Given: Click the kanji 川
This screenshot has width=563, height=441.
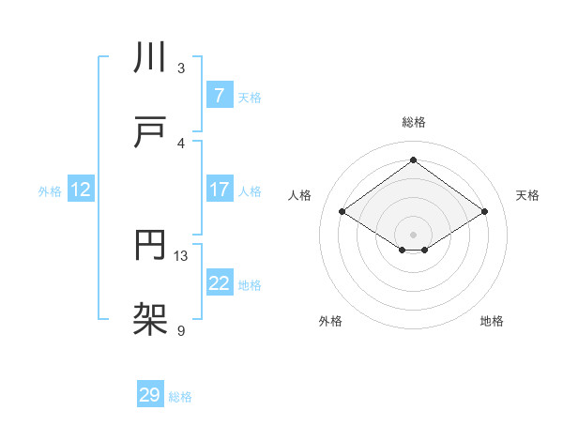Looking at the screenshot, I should click(x=150, y=59).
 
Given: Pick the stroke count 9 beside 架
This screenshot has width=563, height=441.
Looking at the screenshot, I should click(x=181, y=330).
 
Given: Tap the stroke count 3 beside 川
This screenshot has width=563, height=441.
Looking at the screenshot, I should click(x=181, y=68).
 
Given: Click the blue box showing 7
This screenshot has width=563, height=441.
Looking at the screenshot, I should click(x=219, y=95).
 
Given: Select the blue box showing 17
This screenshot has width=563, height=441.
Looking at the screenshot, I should click(x=219, y=190).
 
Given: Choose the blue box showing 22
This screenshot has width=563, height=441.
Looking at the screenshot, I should click(x=219, y=282).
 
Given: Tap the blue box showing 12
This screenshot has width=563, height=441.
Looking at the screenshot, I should click(x=81, y=190).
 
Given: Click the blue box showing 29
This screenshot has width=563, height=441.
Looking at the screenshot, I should click(x=150, y=395).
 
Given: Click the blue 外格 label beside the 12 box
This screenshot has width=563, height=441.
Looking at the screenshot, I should click(x=50, y=190).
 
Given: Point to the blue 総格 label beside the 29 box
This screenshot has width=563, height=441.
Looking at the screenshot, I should click(x=180, y=397).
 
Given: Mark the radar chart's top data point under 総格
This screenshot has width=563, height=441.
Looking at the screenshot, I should click(x=413, y=160).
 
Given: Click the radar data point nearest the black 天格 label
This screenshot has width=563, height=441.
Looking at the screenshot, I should click(x=484, y=212).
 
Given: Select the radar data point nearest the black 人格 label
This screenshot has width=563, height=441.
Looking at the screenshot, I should click(x=342, y=212).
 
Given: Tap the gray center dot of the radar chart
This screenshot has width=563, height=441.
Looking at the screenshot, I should click(x=413, y=234).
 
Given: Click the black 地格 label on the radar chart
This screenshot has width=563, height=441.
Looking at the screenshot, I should click(x=492, y=322).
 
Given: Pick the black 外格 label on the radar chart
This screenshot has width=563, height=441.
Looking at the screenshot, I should click(x=330, y=322).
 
